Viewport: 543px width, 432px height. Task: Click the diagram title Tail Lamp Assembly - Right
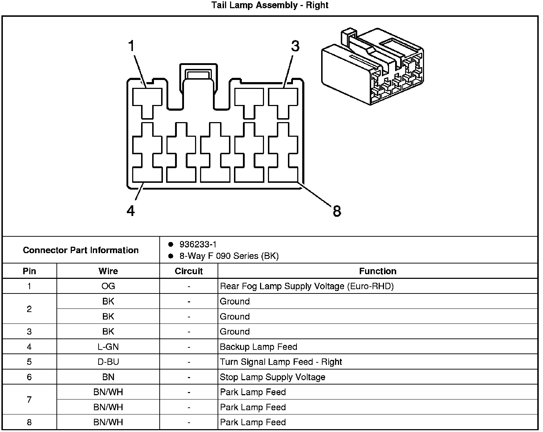pyautogui.click(x=270, y=5)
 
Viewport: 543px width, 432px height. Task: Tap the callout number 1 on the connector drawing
pyautogui.click(x=131, y=46)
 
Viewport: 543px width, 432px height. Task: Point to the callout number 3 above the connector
pyautogui.click(x=295, y=46)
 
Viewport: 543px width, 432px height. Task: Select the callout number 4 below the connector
pyautogui.click(x=131, y=211)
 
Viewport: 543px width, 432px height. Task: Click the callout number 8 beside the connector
pyautogui.click(x=337, y=211)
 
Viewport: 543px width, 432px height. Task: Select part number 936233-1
pyautogui.click(x=198, y=244)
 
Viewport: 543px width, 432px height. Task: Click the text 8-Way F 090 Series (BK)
pyautogui.click(x=229, y=256)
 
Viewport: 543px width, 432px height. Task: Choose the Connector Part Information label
pyautogui.click(x=81, y=250)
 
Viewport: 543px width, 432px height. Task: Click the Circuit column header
pyautogui.click(x=189, y=271)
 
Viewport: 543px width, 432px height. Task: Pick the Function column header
pyautogui.click(x=378, y=271)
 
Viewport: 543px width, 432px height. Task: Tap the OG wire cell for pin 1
pyautogui.click(x=108, y=286)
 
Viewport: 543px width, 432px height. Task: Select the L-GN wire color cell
pyautogui.click(x=108, y=347)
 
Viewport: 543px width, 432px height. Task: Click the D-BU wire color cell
pyautogui.click(x=108, y=362)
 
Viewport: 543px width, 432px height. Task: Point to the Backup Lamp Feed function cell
pyautogui.click(x=259, y=347)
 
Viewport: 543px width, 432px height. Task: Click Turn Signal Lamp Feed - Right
pyautogui.click(x=281, y=362)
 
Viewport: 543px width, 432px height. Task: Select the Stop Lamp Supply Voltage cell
pyautogui.click(x=273, y=377)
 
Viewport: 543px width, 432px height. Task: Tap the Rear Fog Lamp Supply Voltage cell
pyautogui.click(x=307, y=286)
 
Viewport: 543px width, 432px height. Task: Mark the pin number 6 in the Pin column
pyautogui.click(x=29, y=377)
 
